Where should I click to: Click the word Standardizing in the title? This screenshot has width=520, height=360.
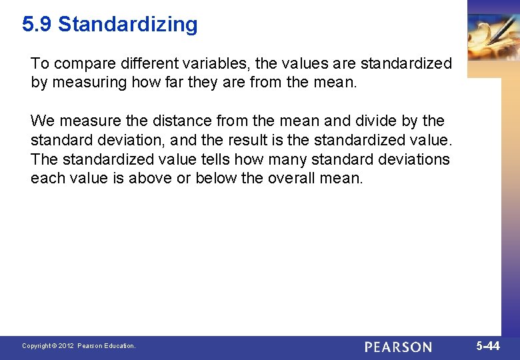pos(128,25)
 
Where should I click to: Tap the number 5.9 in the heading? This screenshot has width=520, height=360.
pos(37,25)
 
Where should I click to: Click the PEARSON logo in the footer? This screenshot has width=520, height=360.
pos(398,347)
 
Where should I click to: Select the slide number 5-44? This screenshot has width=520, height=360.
pos(488,346)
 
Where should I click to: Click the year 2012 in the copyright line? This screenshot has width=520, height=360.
pos(65,346)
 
